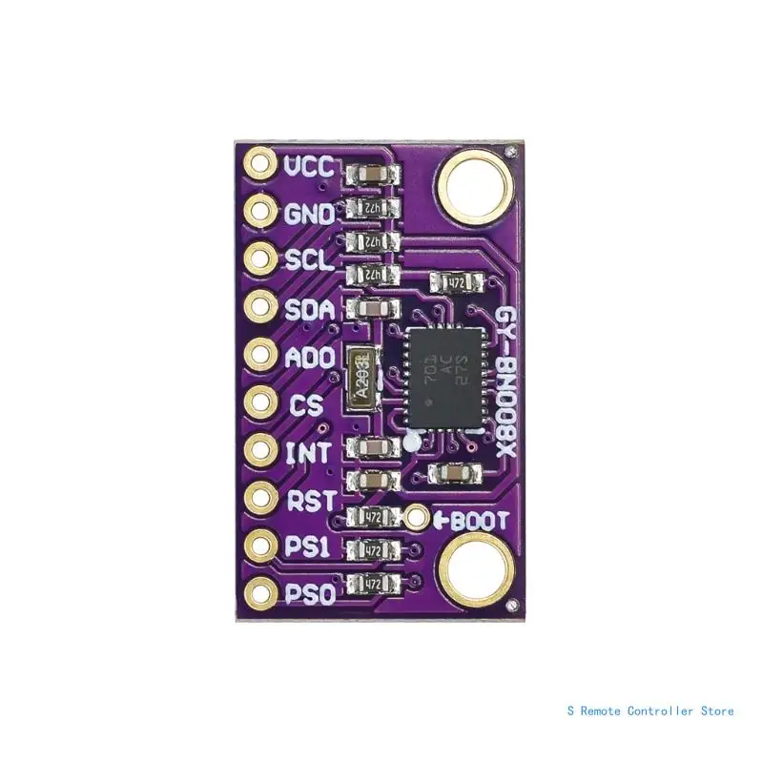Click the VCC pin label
310,168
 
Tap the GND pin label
309,214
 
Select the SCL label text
309,259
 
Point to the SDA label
309,309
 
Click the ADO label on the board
309,359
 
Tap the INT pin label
308,450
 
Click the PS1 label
308,546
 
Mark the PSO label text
309,596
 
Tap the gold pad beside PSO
259,593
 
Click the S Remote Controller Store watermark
650,711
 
